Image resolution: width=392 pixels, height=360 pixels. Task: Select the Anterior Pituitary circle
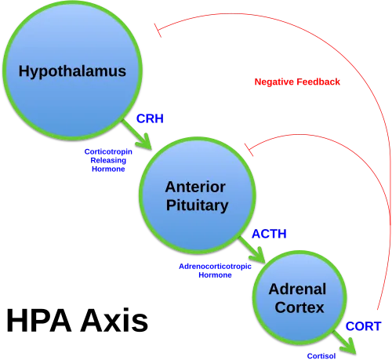tap(197, 196)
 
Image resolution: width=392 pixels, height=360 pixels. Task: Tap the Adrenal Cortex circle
tap(296, 299)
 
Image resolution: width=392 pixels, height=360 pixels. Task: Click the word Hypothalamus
tap(72, 71)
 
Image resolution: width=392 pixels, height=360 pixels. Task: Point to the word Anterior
tap(195, 187)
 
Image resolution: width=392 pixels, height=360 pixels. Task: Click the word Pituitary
tap(197, 205)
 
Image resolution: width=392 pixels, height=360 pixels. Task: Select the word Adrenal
tap(297, 289)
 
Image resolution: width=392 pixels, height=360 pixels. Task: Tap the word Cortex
tap(297, 307)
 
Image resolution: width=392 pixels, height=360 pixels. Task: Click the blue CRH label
tap(149, 118)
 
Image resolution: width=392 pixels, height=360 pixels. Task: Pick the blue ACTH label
tap(269, 234)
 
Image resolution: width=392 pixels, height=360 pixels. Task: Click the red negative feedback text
tap(297, 82)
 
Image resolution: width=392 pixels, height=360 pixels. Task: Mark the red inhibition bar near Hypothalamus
tap(157, 30)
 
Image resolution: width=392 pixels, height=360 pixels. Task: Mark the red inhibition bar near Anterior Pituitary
tap(249, 147)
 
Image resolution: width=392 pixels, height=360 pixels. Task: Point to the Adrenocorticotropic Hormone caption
tap(214, 271)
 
